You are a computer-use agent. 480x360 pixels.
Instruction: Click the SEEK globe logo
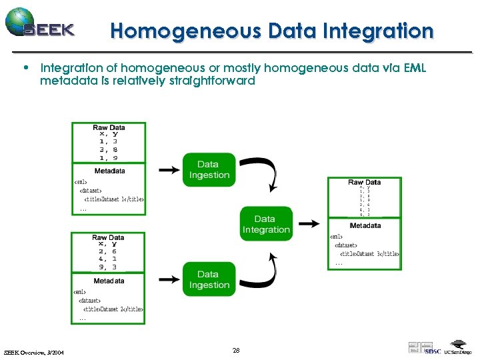[20, 21]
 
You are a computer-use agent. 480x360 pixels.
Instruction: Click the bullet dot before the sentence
[25, 67]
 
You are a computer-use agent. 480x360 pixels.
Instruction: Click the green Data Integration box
[266, 224]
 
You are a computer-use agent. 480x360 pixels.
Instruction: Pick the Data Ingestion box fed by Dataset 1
[209, 169]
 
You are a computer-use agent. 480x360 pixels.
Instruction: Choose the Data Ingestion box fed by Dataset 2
[209, 279]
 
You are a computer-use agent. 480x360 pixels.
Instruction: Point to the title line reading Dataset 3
[369, 253]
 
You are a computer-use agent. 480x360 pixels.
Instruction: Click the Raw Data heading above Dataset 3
[364, 182]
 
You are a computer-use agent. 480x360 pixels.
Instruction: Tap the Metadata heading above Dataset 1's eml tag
[109, 171]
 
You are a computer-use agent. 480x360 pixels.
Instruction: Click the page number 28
[236, 350]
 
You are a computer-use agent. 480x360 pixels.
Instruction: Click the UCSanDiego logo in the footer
[458, 349]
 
